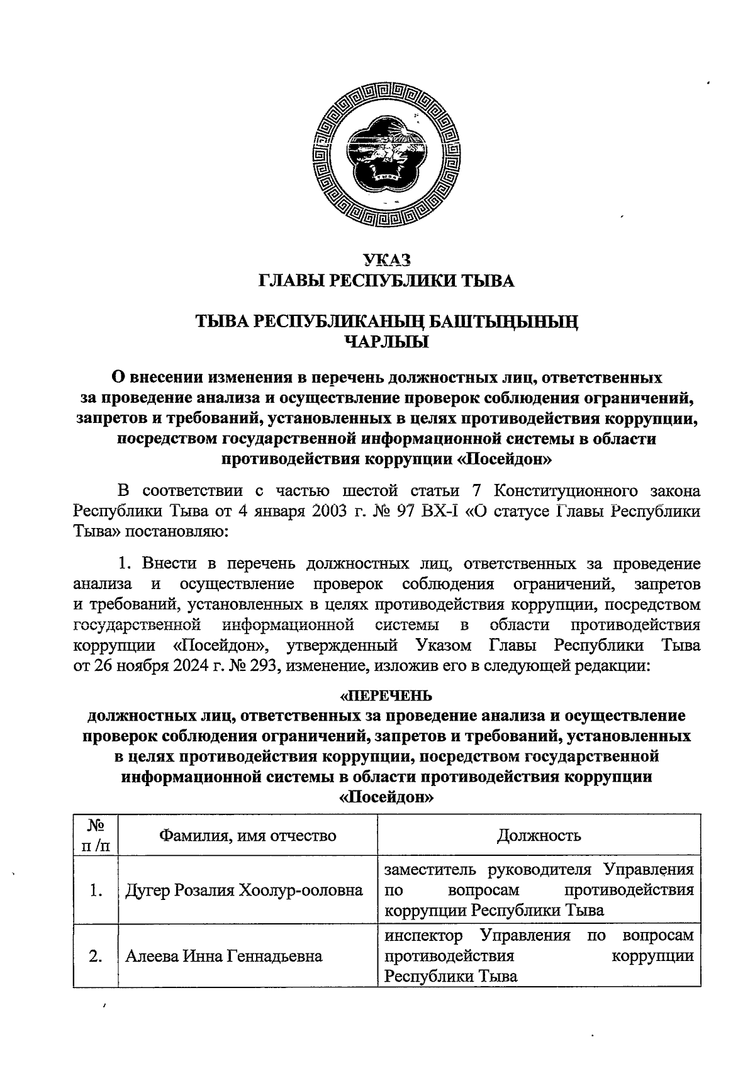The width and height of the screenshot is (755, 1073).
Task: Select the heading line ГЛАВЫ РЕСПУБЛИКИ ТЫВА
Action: click(x=387, y=281)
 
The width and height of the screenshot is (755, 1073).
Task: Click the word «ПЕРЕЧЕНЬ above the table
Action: click(x=386, y=695)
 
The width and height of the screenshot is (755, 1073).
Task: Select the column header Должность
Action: click(x=539, y=836)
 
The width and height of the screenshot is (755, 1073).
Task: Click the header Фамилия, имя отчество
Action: click(x=248, y=836)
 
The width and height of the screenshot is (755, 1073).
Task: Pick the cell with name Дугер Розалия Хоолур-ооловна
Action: click(x=244, y=890)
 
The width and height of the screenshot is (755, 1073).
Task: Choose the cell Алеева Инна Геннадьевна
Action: click(x=224, y=957)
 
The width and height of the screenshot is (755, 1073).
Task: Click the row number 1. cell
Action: click(x=96, y=890)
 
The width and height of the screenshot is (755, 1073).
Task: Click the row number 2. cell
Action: click(x=96, y=957)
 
